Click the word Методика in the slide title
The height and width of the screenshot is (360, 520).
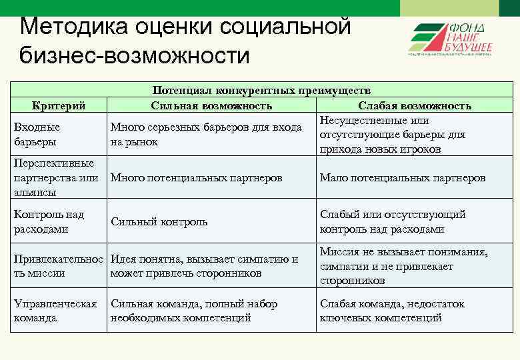(x=66, y=26)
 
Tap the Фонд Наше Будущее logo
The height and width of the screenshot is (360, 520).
(x=450, y=39)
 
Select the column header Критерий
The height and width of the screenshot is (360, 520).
(x=59, y=105)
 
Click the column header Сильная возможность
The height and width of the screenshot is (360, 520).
(x=211, y=105)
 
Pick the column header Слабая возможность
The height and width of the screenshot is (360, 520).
(x=415, y=105)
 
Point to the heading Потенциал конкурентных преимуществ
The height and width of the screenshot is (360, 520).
(x=261, y=91)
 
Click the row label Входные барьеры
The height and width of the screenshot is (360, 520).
(x=37, y=134)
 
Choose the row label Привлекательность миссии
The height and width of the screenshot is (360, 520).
(x=59, y=266)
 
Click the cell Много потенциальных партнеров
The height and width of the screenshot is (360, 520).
(x=196, y=178)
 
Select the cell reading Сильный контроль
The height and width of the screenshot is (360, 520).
(x=159, y=222)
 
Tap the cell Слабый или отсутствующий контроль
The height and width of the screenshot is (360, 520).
(x=393, y=222)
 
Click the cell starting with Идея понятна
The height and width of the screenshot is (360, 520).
(x=204, y=266)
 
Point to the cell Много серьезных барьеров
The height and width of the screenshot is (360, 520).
(x=206, y=134)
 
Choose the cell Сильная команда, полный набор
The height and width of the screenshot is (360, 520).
(x=193, y=311)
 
